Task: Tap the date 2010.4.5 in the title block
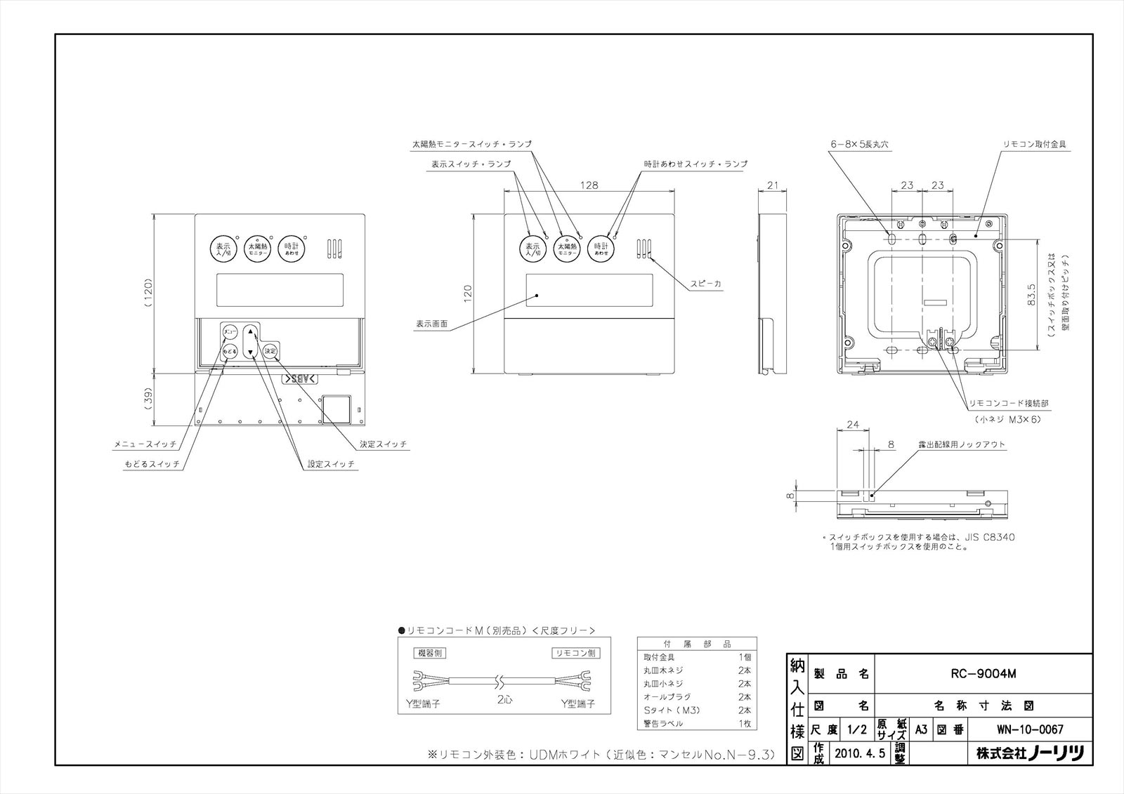pyautogui.click(x=861, y=753)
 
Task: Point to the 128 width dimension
pyautogui.click(x=589, y=185)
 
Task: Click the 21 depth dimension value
pyautogui.click(x=773, y=185)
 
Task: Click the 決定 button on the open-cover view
pyautogui.click(x=270, y=351)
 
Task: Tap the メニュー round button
pyautogui.click(x=230, y=331)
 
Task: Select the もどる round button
pyautogui.click(x=230, y=351)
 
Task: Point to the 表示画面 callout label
pyautogui.click(x=431, y=324)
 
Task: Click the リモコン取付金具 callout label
pyautogui.click(x=1036, y=144)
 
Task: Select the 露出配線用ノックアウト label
pyautogui.click(x=962, y=445)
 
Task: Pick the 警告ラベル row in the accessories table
pyautogui.click(x=663, y=723)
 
